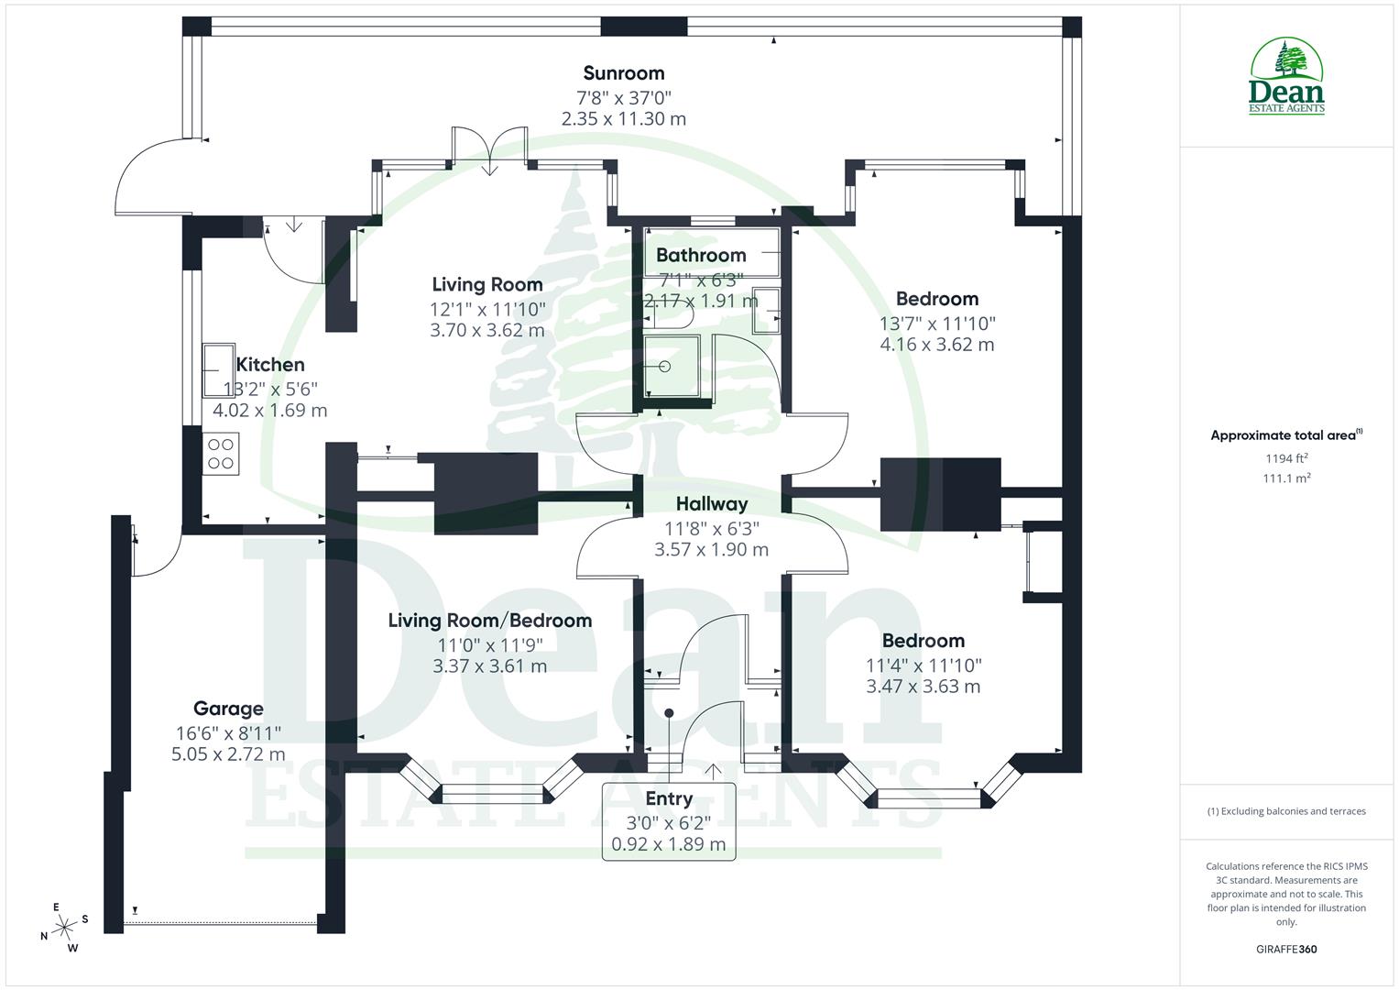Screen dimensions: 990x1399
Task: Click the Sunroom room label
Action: point(623,73)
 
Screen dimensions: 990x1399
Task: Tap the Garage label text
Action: point(228,709)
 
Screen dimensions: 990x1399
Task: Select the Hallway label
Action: point(712,503)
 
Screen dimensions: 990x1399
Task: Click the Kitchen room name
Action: point(270,365)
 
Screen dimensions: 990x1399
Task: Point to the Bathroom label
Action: point(701,255)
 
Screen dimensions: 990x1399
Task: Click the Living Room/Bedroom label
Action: point(489,621)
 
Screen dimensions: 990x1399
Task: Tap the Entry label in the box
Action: point(669,798)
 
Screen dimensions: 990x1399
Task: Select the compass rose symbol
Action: point(64,928)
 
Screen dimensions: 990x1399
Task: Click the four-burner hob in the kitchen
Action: point(221,454)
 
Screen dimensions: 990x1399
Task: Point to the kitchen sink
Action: point(218,369)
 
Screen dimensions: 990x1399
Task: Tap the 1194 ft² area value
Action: point(1286,458)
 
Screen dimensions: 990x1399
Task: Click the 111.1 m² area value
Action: point(1286,478)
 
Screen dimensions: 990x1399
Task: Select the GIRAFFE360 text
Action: point(1286,950)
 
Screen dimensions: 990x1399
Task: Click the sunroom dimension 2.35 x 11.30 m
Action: point(623,119)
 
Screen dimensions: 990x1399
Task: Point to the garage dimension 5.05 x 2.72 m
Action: point(228,754)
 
